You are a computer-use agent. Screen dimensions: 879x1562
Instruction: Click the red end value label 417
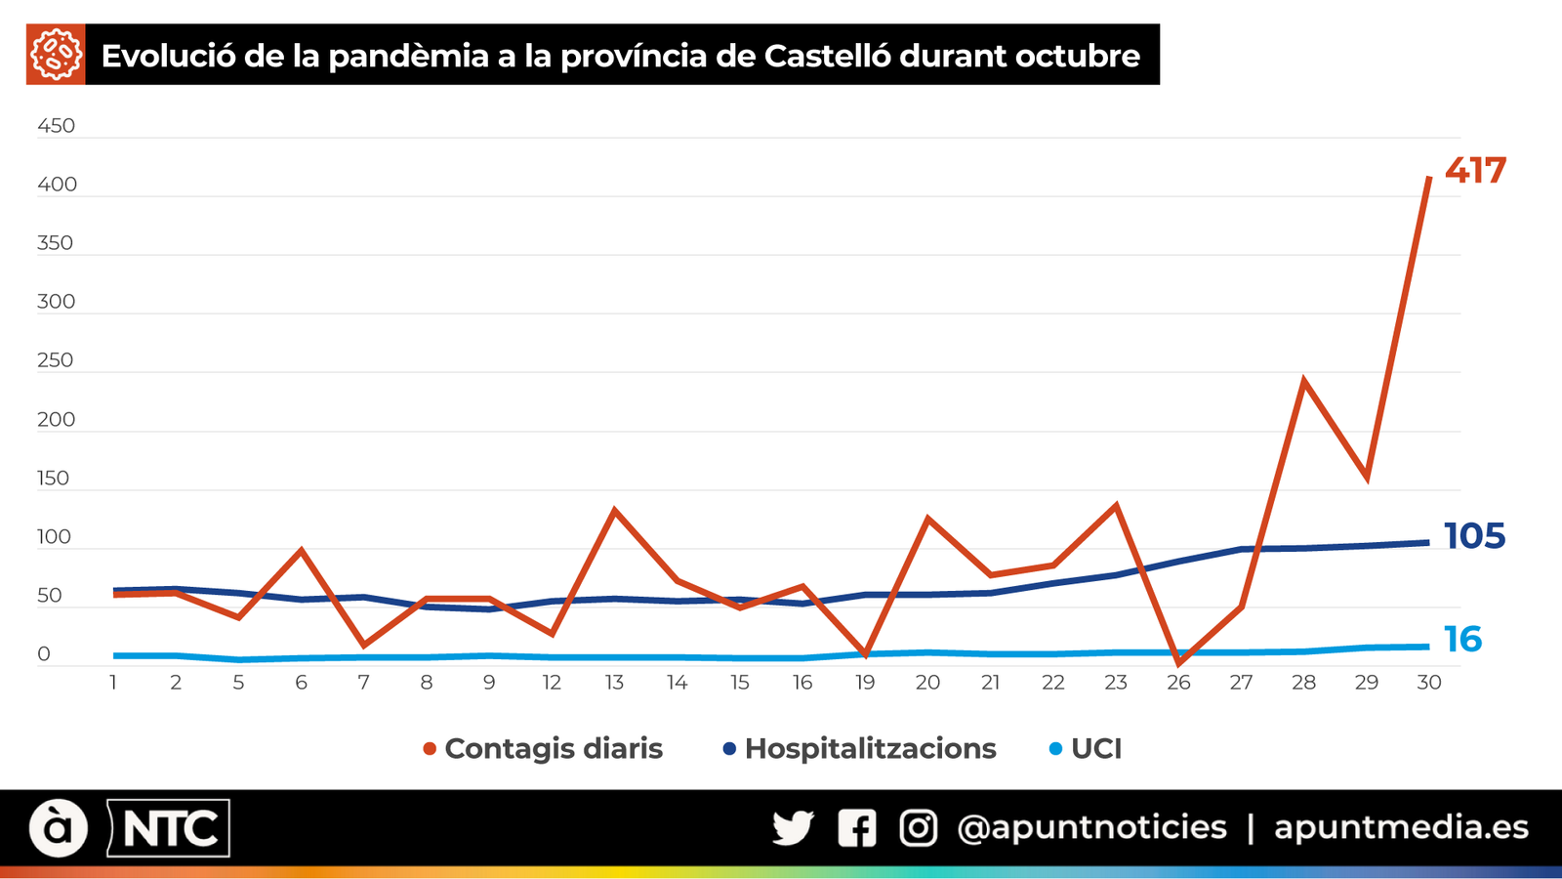coord(1475,171)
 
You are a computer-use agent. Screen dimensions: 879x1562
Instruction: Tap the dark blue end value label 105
coord(1474,536)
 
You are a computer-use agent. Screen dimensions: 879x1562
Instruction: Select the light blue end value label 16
coord(1462,640)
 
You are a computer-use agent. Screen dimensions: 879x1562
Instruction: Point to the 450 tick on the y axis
coord(56,126)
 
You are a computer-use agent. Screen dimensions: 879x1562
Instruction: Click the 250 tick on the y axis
coord(56,360)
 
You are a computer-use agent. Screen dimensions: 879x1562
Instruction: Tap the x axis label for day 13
coord(614,683)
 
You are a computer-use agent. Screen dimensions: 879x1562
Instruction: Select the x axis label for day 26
coord(1178,683)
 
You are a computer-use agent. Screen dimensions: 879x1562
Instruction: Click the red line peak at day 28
coord(1304,381)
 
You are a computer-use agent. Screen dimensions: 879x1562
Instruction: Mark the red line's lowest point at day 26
coord(1178,663)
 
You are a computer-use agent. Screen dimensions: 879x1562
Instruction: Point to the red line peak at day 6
coord(302,550)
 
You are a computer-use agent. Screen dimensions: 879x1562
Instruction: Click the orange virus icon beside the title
coord(56,55)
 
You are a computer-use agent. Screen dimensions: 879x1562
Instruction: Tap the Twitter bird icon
coord(793,828)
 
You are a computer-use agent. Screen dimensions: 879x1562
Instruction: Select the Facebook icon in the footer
coord(856,828)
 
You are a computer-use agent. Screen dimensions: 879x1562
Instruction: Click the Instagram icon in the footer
coord(918,828)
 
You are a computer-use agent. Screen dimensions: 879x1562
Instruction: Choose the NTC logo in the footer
coord(169,829)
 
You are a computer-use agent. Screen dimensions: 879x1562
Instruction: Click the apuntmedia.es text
coord(1401,828)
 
